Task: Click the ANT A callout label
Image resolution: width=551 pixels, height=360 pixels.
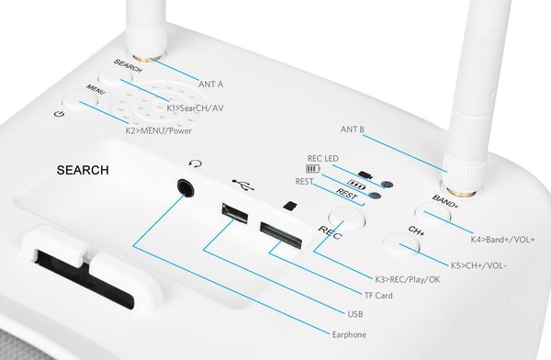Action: coord(211,84)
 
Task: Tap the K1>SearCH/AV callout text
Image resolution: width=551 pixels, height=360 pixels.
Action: coord(195,108)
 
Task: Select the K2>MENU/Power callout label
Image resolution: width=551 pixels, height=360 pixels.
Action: coord(159,130)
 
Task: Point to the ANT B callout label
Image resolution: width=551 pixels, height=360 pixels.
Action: coord(353,129)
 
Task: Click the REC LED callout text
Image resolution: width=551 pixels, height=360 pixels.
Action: coord(323,159)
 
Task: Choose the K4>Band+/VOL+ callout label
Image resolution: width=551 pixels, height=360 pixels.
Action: coord(503,240)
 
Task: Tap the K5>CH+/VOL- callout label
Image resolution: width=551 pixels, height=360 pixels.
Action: coord(478,265)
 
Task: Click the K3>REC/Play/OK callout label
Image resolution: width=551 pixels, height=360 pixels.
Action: coord(408,279)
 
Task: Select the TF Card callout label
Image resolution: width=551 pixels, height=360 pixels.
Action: coord(378,296)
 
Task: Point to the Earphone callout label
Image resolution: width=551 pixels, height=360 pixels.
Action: coord(349,334)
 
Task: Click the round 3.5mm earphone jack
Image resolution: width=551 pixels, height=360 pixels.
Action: coord(186,187)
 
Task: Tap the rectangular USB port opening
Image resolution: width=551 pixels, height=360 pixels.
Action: coord(235,213)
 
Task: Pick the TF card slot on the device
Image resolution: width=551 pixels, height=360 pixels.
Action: coord(281,235)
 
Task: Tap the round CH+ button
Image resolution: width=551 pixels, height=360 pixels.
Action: coord(400,243)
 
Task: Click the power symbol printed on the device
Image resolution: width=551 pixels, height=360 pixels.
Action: coord(59,114)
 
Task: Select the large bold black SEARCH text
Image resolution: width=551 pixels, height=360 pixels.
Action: coord(83,170)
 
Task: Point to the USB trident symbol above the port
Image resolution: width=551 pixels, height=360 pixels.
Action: coord(242,185)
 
